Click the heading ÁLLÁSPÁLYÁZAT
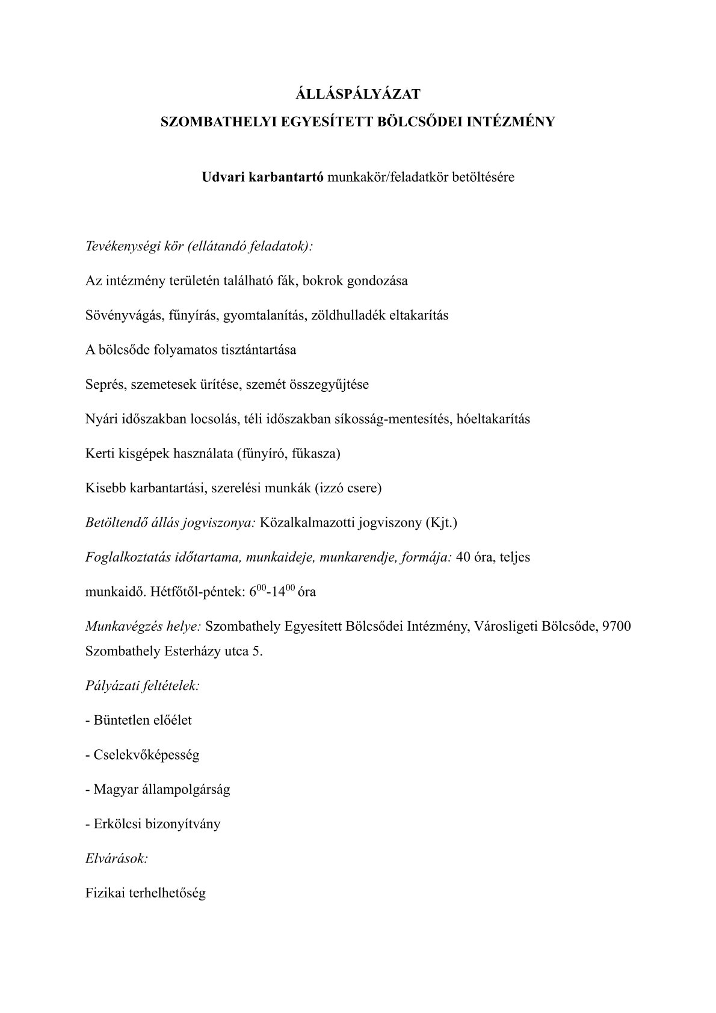[358, 94]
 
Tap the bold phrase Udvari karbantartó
[262, 178]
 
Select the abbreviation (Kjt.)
[441, 522]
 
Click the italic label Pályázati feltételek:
[143, 686]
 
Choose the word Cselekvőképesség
[146, 755]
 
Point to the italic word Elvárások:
[117, 858]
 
